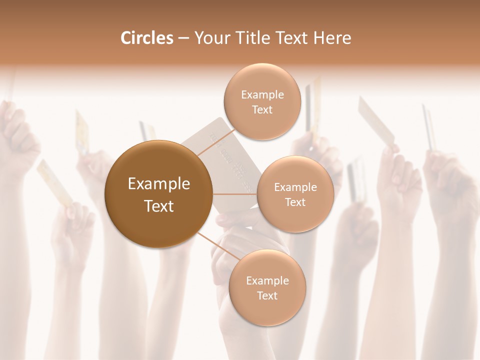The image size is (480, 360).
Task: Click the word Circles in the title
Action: (x=147, y=38)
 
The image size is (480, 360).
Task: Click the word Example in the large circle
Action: (x=159, y=184)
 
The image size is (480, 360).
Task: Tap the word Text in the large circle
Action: (x=159, y=206)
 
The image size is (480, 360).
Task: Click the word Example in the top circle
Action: (x=262, y=94)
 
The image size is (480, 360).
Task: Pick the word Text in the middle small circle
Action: (x=295, y=202)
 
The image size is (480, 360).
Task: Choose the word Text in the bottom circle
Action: (x=267, y=295)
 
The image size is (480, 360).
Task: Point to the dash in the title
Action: (x=183, y=38)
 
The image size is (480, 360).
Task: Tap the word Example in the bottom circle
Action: (x=267, y=280)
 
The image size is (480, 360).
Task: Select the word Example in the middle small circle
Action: (x=295, y=187)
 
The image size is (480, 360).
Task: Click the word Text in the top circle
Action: (x=262, y=109)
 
